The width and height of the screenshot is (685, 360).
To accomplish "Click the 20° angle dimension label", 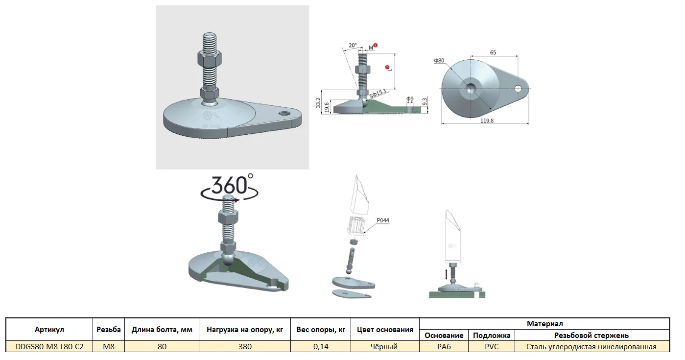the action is (x=353, y=45).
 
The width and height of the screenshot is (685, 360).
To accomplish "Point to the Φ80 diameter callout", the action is (x=439, y=61).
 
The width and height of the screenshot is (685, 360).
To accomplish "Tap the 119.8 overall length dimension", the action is (x=487, y=121).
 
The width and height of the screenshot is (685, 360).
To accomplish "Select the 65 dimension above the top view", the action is (x=493, y=52).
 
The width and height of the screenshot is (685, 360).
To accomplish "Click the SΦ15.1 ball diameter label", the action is (x=378, y=94).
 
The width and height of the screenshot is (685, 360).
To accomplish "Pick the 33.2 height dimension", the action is (x=318, y=103).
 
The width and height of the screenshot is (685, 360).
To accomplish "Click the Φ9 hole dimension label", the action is (x=410, y=99).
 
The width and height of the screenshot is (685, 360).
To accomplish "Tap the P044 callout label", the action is (x=383, y=220).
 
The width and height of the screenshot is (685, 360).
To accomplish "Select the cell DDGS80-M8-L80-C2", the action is (x=49, y=347).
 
